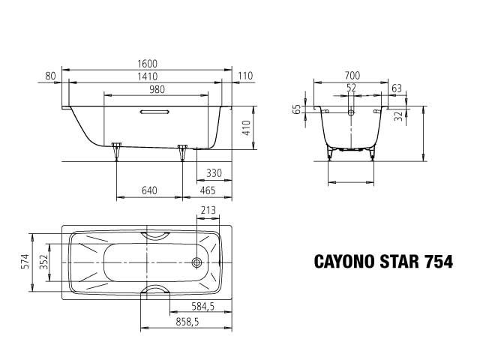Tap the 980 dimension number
156,89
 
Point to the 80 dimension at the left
51,76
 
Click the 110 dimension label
245,76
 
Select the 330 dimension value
214,173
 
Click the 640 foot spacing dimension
148,191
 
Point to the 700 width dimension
353,76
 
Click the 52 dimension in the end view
352,88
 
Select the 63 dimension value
397,88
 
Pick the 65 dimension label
297,109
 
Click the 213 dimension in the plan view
209,211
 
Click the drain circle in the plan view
197,263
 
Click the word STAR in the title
394,262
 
